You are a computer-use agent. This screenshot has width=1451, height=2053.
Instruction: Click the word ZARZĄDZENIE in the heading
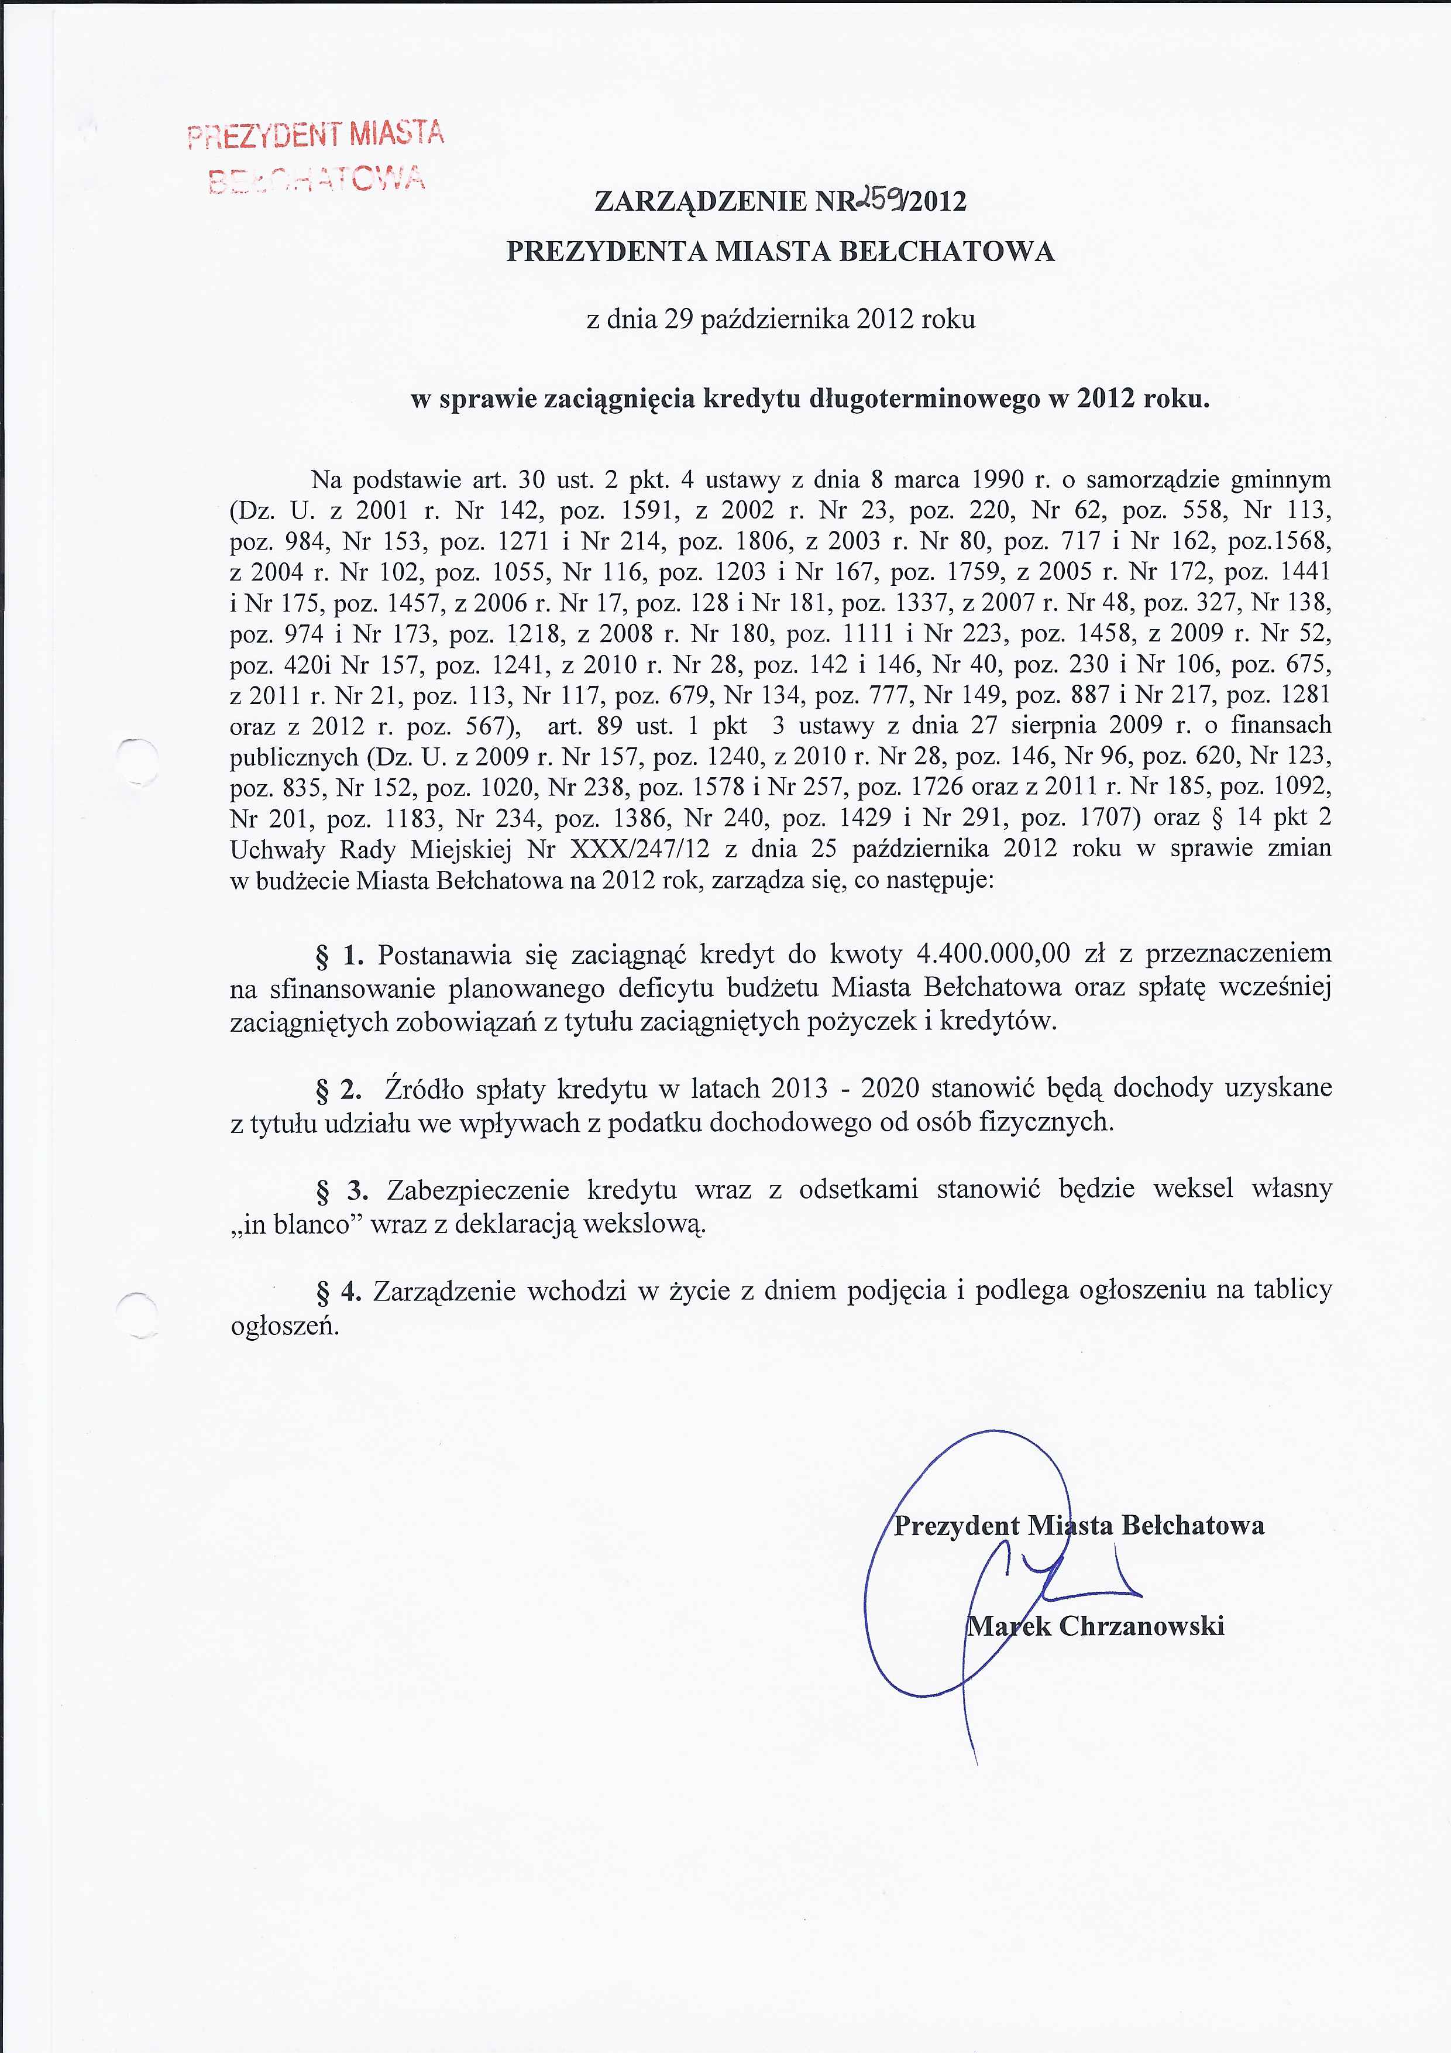pos(700,202)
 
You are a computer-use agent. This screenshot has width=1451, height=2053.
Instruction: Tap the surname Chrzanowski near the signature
pos(1141,1626)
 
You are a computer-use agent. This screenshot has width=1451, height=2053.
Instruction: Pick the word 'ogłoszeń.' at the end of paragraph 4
pos(285,1325)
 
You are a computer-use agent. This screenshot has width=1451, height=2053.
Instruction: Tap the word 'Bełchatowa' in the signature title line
pos(1192,1525)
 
